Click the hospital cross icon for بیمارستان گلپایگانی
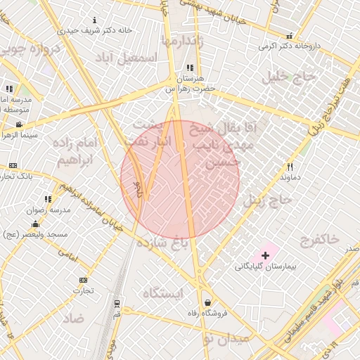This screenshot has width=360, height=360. click(265, 255)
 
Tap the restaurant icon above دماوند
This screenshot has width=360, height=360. click(290, 167)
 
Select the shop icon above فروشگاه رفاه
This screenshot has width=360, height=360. click(207, 302)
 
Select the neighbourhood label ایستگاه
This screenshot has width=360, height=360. click(162, 292)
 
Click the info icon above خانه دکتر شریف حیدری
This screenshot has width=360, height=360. click(96, 20)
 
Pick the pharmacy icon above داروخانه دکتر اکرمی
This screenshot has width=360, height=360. click(289, 36)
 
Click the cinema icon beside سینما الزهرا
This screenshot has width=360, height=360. click(18, 124)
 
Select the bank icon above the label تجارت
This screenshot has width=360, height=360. click(84, 280)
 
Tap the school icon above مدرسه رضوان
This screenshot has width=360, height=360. click(48, 200)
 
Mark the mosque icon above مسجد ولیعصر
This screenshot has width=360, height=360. click(34, 224)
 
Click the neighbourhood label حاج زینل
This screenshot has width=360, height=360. click(267, 200)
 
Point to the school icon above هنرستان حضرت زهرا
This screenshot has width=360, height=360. click(190, 68)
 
